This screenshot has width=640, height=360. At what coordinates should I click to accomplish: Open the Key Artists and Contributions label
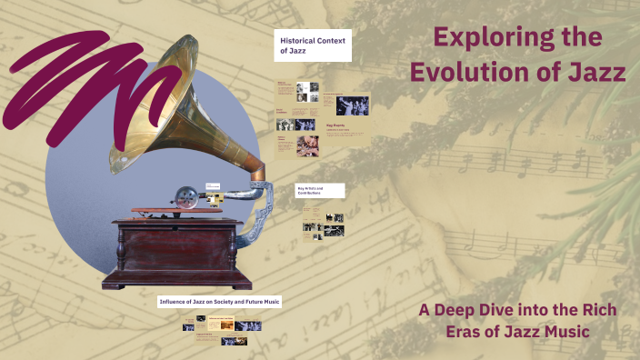pyautogui.click(x=320, y=191)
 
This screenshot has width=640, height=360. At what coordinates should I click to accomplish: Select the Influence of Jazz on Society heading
pyautogui.click(x=219, y=301)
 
